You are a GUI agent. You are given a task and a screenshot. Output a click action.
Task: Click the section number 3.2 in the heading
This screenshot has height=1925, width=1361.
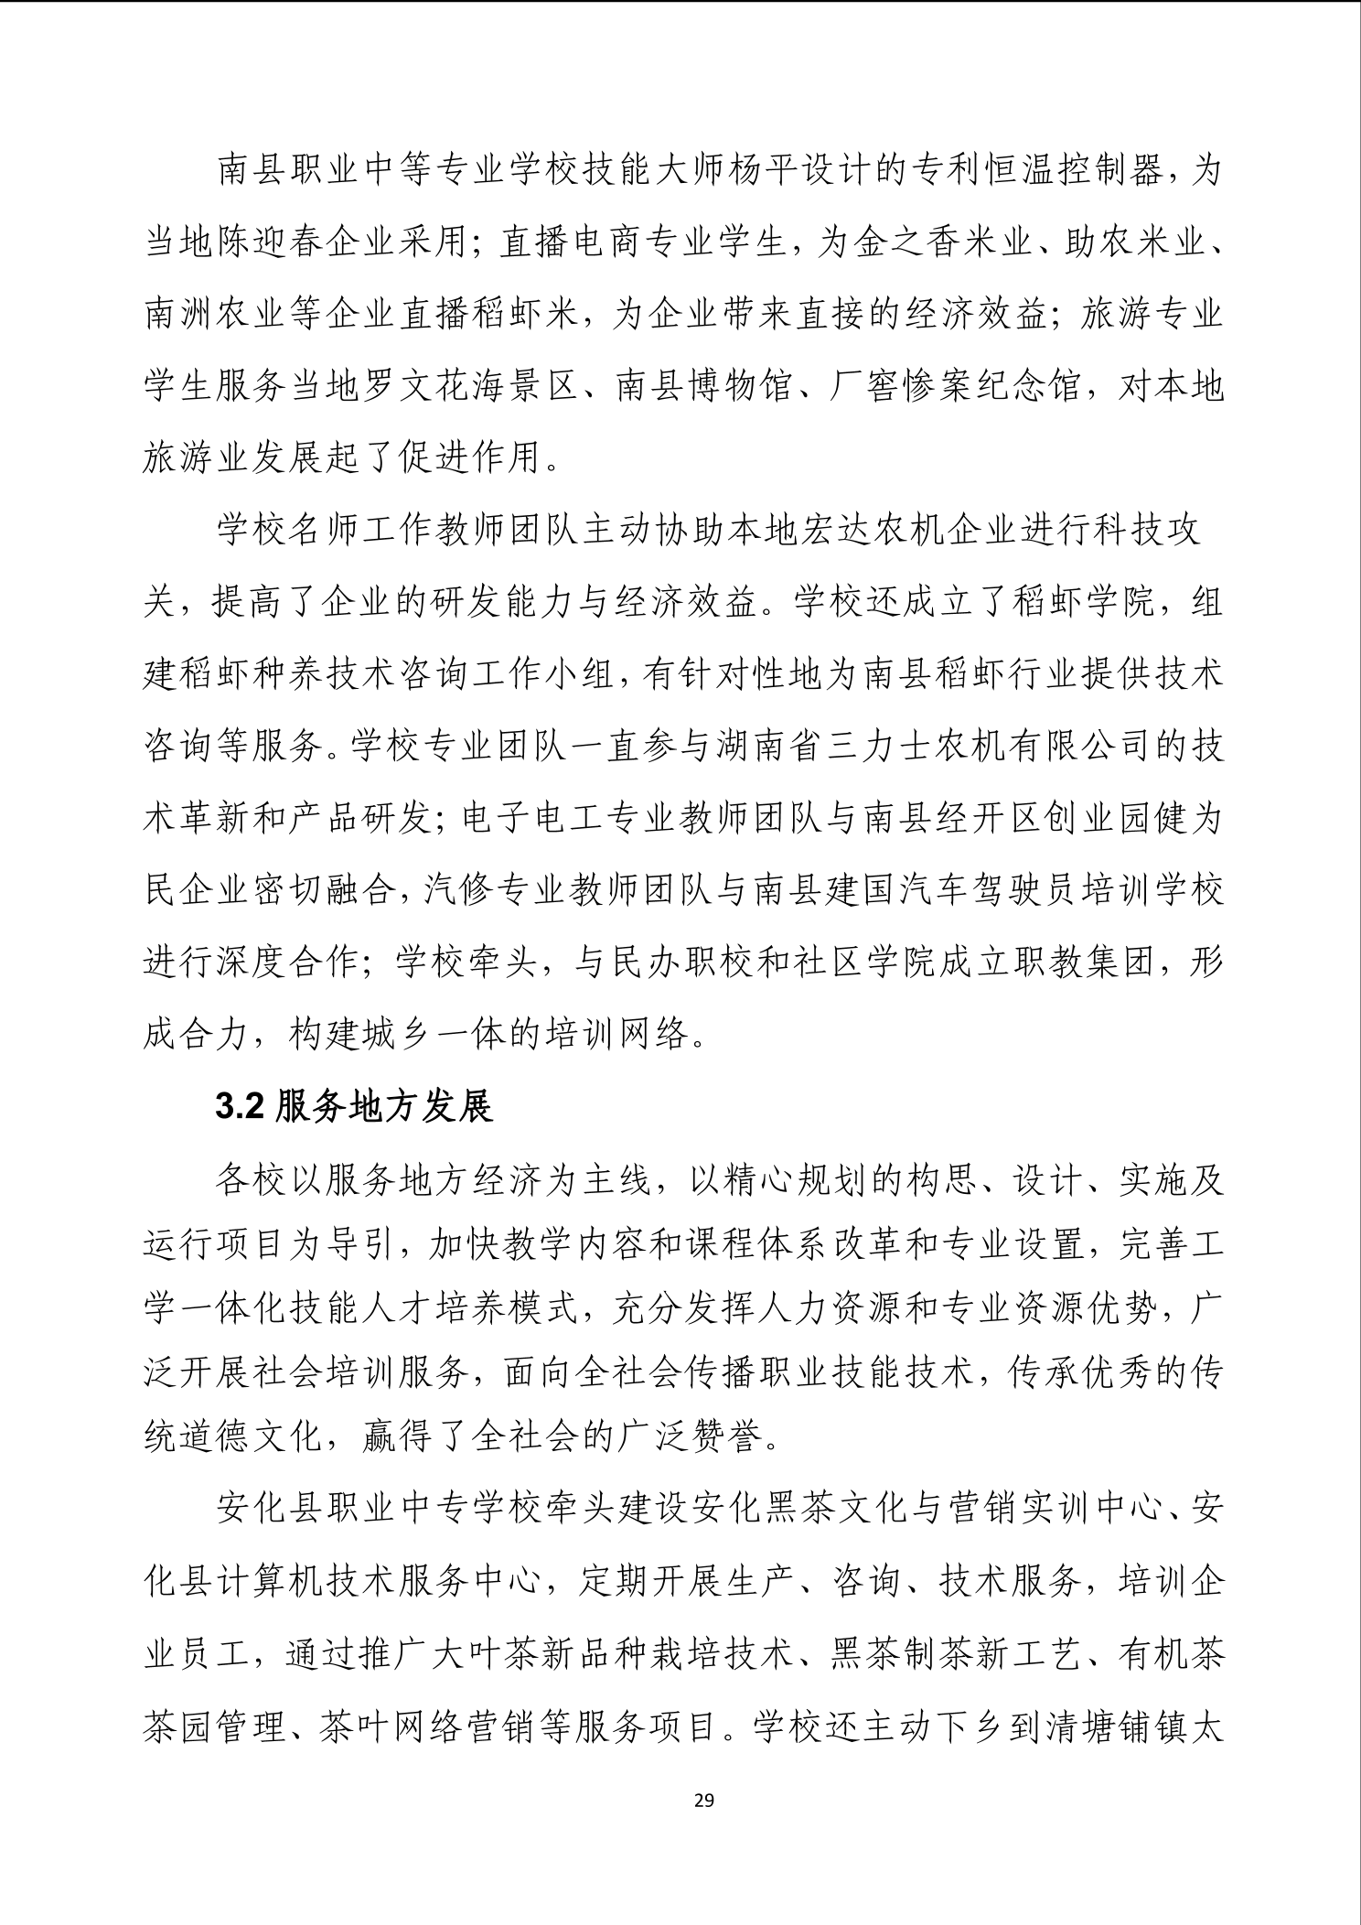[240, 1107]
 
